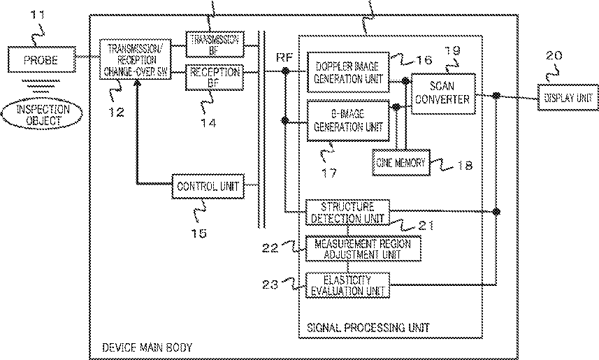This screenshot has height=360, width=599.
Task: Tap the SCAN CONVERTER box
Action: pos(442,94)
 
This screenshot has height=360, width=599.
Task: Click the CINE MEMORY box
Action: pos(400,163)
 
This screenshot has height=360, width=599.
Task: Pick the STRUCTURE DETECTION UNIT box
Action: pos(347,213)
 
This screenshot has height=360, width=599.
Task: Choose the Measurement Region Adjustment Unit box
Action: pos(363,248)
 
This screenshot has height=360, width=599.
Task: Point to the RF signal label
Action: pos(284,57)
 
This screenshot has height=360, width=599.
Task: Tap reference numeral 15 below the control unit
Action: pos(199,233)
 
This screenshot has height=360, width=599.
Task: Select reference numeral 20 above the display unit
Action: pos(554,55)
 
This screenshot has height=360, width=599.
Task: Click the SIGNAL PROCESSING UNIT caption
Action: pos(368,327)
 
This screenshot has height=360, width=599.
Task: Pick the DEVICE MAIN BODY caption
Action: pos(142,347)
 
